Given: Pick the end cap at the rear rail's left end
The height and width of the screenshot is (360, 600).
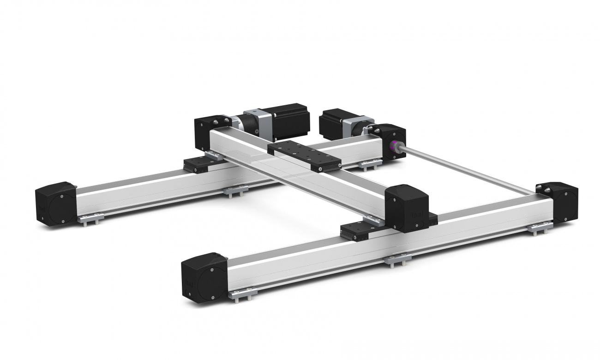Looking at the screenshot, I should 56,204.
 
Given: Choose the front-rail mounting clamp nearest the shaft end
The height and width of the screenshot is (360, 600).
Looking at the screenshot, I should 540,228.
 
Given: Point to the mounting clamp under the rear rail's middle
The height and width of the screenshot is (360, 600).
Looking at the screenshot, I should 235,190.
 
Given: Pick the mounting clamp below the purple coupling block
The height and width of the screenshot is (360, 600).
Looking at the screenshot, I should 370,163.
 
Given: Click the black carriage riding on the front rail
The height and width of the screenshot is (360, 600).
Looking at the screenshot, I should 358,229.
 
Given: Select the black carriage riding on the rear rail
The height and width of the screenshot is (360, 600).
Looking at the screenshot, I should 198,164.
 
